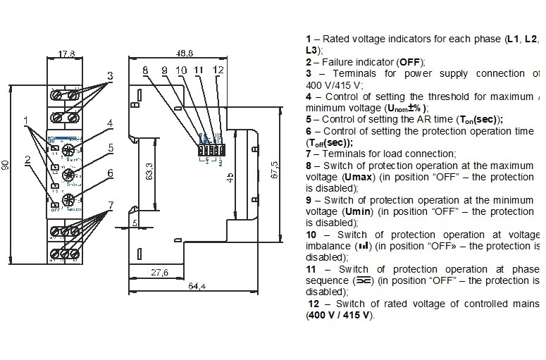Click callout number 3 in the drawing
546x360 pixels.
pos(110,75)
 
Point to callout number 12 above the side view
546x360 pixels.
pos(218,70)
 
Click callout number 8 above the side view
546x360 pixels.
pos(145,70)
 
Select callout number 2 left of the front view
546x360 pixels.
pos(27,160)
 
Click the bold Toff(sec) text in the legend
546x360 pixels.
pos(330,142)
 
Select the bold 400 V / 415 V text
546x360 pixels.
pos(338,315)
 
